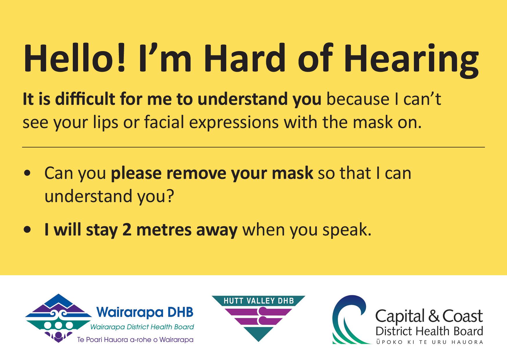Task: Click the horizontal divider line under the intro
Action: coord(253,147)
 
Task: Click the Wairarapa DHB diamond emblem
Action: coord(59,318)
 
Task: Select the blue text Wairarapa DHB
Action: coord(145,312)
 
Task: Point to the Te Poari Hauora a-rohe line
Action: coord(135,339)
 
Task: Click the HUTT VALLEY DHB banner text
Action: coord(259,301)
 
